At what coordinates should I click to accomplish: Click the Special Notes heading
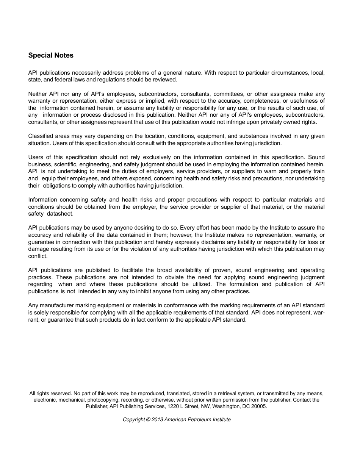51,55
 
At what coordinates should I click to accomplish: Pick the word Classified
41,136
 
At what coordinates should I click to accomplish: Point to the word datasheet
60,214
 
